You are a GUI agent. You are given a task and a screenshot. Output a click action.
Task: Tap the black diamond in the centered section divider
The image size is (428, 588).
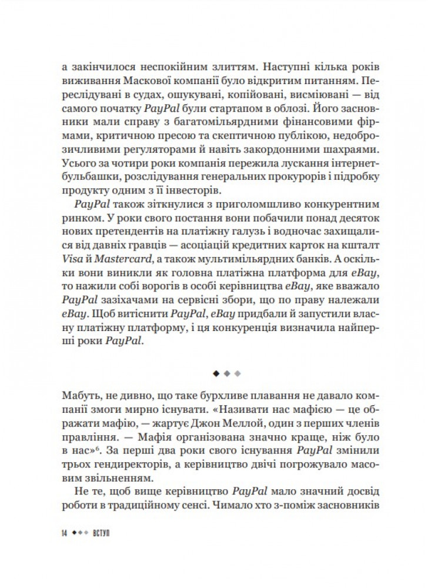(216, 372)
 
